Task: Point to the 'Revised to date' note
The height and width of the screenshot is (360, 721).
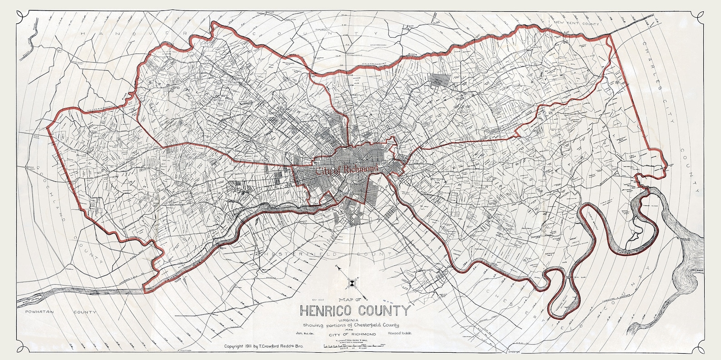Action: coord(400,333)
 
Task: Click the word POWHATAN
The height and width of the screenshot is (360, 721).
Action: coord(37,312)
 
